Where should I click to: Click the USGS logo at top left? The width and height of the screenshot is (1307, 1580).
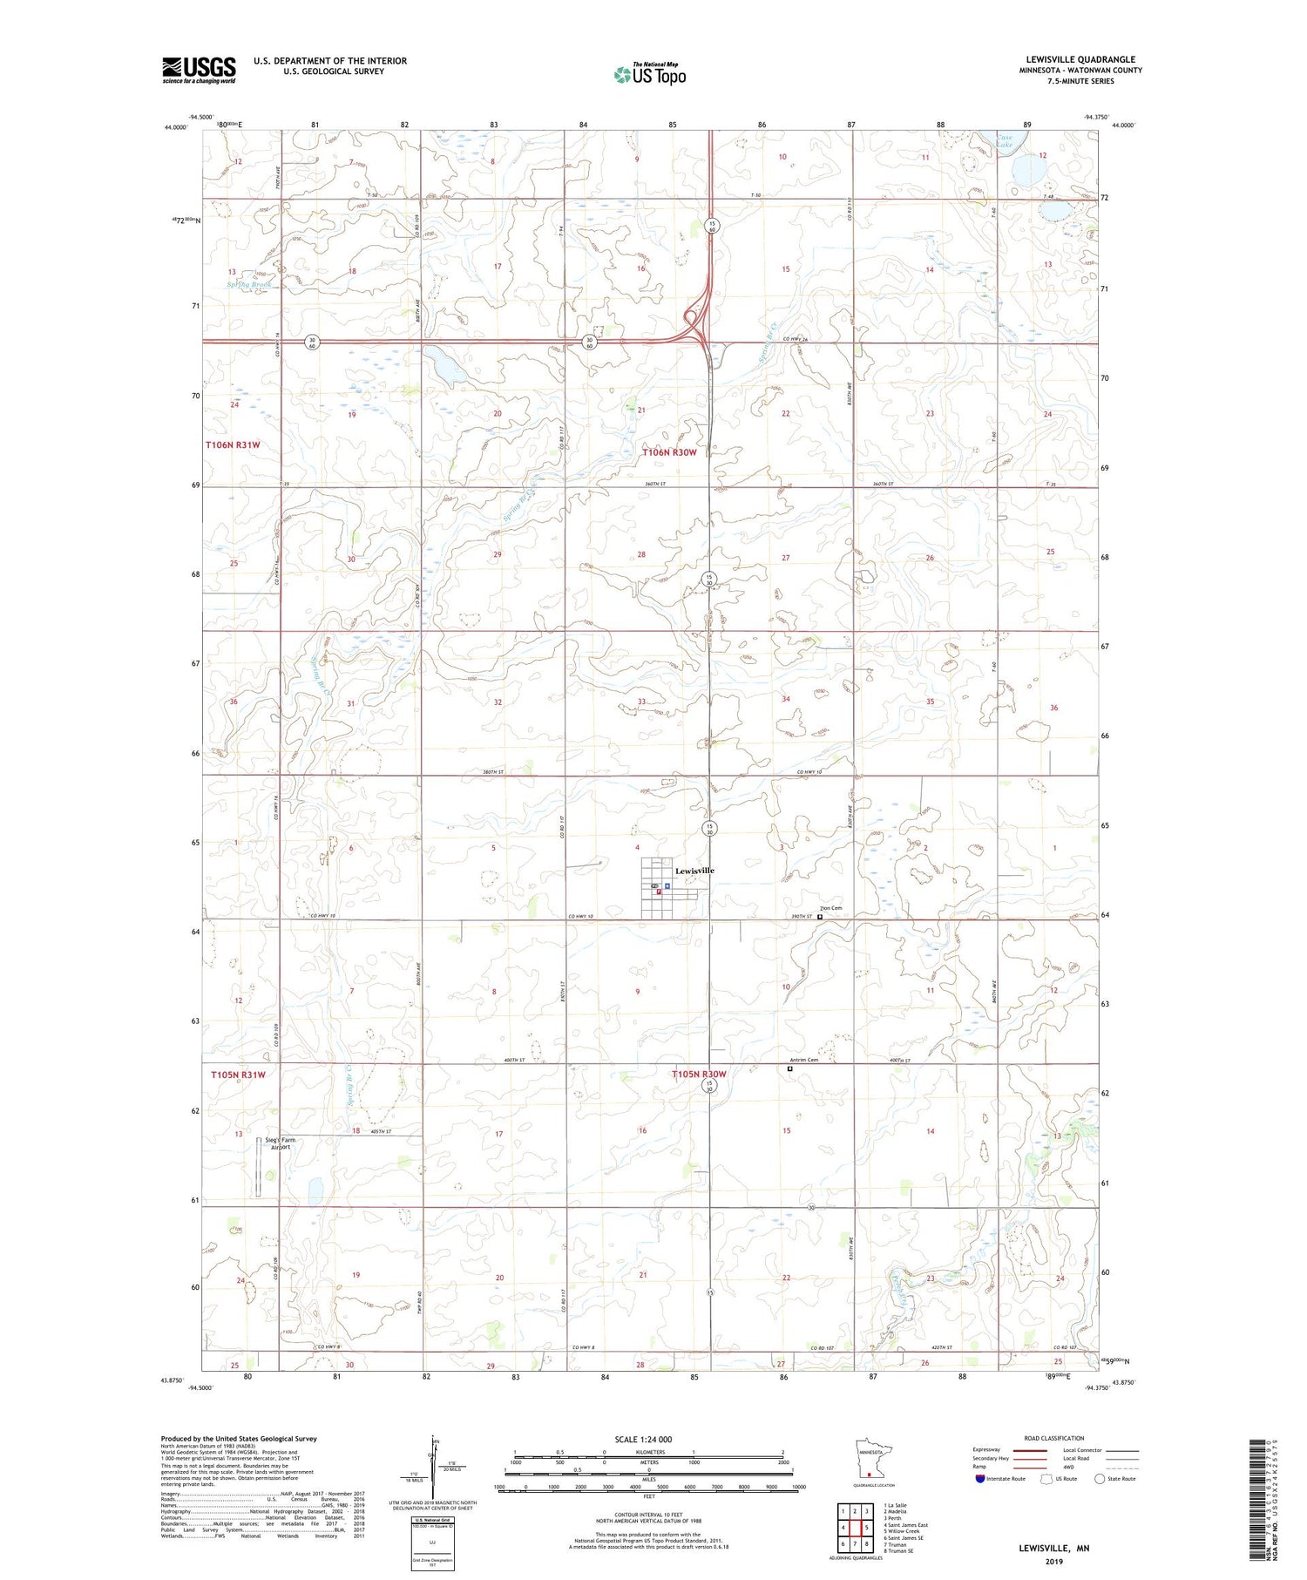click(199, 70)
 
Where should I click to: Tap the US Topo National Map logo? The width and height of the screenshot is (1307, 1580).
click(650, 74)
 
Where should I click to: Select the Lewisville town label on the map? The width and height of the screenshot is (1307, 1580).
click(694, 871)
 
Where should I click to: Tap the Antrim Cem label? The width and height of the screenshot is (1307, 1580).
click(798, 1060)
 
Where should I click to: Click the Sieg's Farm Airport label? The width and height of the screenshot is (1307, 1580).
click(281, 1143)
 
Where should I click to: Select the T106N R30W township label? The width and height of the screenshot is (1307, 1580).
click(670, 452)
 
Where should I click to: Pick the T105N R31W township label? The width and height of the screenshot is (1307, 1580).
click(238, 1075)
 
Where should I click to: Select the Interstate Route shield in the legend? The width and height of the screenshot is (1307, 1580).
click(980, 1478)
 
